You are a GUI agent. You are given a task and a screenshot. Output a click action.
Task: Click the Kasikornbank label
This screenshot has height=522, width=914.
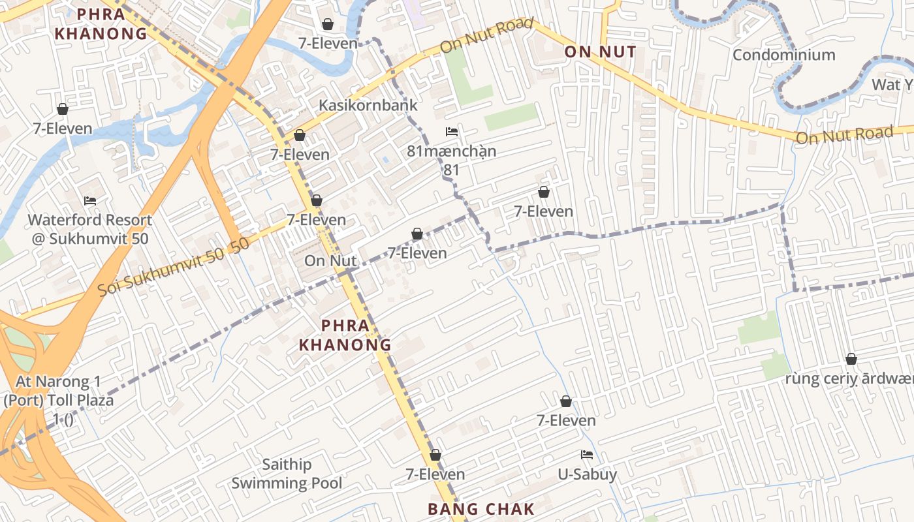[368, 105]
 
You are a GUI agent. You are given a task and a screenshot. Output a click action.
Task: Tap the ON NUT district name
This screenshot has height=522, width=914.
[600, 52]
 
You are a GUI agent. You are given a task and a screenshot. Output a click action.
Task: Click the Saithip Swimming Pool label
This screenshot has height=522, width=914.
[287, 474]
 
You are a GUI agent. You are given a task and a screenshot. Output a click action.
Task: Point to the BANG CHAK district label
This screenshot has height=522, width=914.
[481, 509]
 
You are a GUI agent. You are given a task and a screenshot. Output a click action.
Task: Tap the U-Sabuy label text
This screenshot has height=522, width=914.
[587, 474]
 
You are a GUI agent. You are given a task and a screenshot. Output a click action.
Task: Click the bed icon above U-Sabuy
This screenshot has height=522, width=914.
[587, 455]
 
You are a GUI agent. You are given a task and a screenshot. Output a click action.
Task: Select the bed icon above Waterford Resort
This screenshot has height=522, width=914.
[90, 200]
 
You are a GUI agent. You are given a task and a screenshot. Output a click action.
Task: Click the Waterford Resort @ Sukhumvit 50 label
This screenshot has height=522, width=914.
[90, 229]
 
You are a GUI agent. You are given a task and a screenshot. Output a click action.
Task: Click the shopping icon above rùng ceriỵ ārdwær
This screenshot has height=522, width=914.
[851, 359]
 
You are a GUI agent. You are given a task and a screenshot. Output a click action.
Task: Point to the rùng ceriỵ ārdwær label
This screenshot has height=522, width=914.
[849, 379]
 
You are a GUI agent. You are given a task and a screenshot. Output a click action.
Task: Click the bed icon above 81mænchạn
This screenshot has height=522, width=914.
[452, 132]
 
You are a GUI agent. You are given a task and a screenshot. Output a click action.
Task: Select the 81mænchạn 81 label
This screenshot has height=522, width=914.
[452, 160]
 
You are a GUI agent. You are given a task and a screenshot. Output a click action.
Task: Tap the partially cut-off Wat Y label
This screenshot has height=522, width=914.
[892, 85]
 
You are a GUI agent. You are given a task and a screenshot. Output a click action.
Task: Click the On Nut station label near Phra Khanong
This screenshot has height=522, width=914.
[330, 261]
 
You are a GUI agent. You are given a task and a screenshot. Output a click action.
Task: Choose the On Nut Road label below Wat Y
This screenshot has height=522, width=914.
[844, 135]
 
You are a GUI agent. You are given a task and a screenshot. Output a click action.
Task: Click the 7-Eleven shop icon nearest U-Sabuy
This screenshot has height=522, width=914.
[566, 401]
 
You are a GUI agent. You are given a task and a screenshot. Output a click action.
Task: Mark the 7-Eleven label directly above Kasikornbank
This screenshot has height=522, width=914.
[328, 44]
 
